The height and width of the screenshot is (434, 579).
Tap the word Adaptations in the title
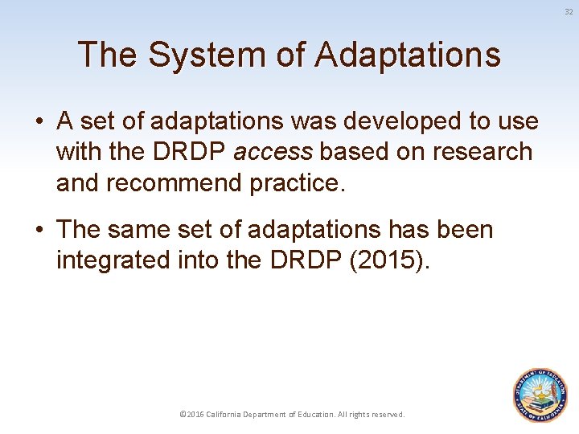(408, 55)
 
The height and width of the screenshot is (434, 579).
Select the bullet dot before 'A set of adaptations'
(39, 122)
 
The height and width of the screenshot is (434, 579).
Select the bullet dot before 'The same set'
(39, 231)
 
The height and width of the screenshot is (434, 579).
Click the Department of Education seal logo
(540, 395)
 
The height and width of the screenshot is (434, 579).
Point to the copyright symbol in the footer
(183, 415)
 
